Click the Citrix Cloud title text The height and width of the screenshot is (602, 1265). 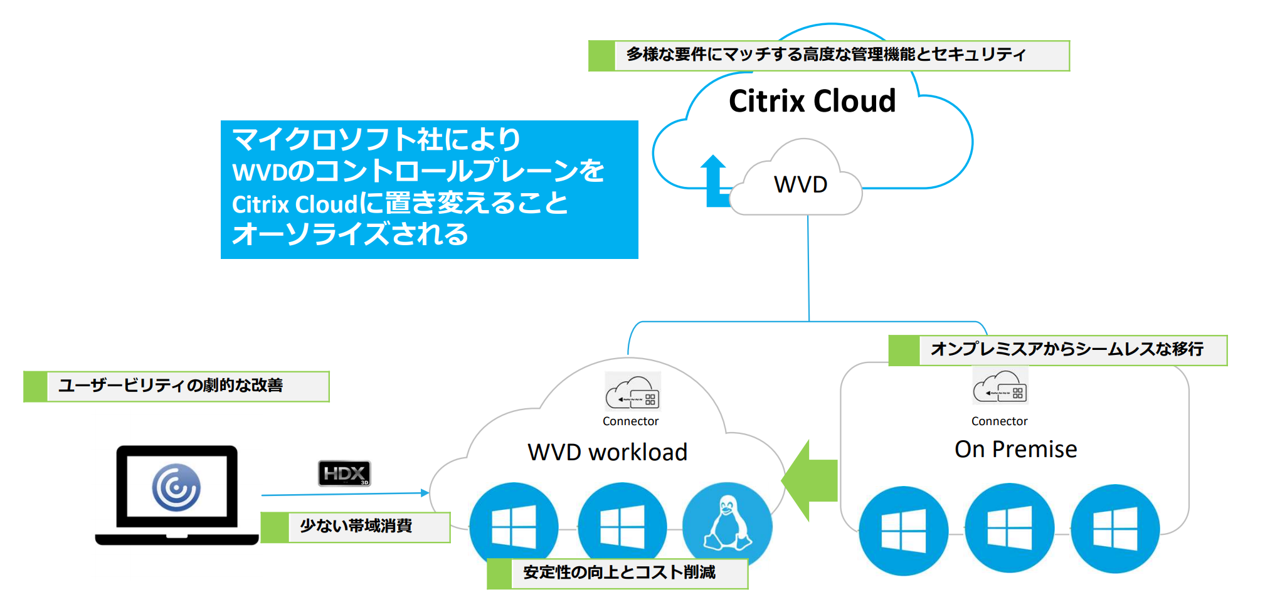(812, 101)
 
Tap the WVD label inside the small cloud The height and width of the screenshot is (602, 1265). (800, 185)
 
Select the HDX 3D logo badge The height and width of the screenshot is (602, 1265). (344, 473)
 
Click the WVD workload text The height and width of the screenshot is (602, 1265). (607, 452)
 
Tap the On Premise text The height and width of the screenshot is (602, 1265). (1015, 450)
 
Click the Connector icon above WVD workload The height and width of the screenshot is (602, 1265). (632, 392)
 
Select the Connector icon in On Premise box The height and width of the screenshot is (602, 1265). (1000, 386)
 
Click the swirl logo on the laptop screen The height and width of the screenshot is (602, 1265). (176, 487)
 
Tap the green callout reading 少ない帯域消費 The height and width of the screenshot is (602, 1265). (356, 527)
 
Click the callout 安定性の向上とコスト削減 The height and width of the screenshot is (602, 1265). (618, 573)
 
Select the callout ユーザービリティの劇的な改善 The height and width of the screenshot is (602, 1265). (176, 386)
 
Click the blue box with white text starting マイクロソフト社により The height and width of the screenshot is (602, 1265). (429, 189)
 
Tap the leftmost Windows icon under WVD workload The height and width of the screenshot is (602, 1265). (514, 526)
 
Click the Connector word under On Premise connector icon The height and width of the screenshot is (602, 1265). (999, 421)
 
